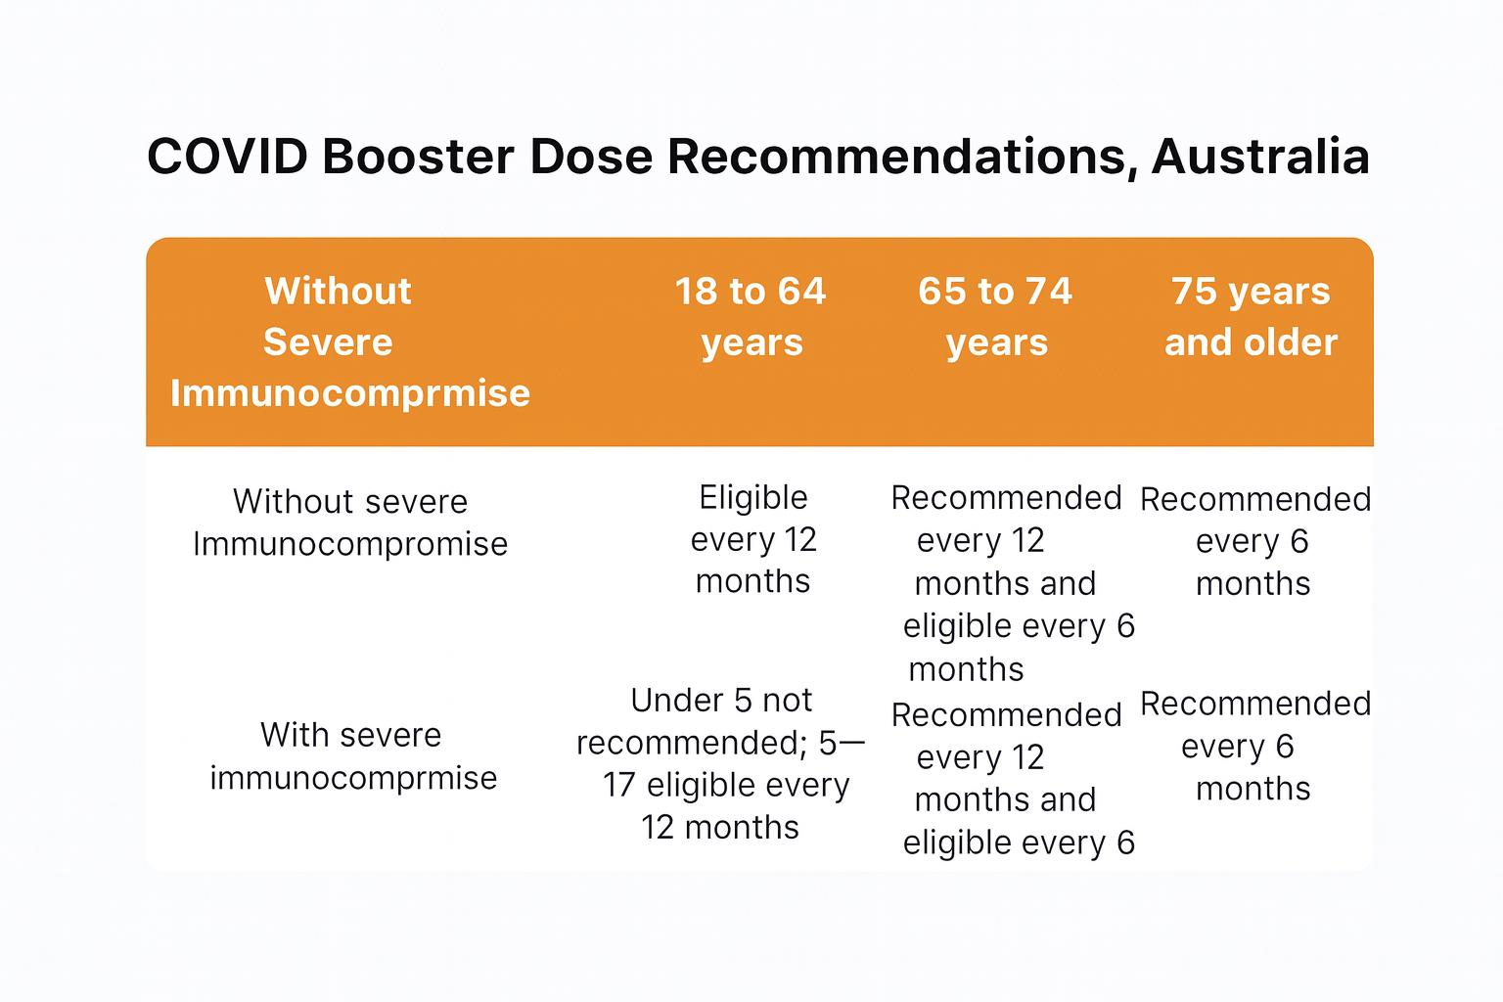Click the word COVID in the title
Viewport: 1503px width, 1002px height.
coord(227,157)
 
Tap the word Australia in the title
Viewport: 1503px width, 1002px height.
coord(1260,157)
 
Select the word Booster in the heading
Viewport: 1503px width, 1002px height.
coord(418,157)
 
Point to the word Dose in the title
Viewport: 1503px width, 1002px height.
coord(591,157)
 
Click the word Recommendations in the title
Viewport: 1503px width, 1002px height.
coord(902,158)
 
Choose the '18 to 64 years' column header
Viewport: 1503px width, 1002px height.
coord(751,316)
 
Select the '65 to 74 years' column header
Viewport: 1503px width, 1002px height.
coord(996,316)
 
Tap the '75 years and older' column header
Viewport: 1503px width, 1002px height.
coord(1252,316)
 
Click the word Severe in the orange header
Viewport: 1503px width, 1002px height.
coord(328,342)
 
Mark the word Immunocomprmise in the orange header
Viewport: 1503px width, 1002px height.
coord(350,393)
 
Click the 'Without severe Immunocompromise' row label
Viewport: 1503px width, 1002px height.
coord(350,523)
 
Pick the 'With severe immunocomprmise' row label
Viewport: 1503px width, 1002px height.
coord(353,756)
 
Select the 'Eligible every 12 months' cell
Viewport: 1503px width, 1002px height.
coord(753,539)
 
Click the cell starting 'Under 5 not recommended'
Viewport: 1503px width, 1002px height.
coord(720,763)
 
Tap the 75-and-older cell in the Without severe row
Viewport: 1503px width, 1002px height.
coord(1254,541)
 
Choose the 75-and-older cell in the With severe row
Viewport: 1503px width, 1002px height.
coord(1254,746)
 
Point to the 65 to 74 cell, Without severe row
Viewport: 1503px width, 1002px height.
coord(1013,582)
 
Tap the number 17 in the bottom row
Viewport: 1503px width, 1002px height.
coord(618,785)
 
